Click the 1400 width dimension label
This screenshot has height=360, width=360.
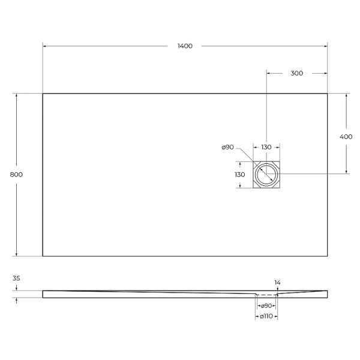[x=185, y=46]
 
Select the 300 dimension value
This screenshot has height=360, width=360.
[x=296, y=73]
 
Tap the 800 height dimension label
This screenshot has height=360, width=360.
[x=16, y=175]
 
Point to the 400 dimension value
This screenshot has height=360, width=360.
[x=346, y=136]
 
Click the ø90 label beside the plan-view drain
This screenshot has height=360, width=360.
[x=227, y=147]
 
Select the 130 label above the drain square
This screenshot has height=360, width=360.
[x=266, y=147]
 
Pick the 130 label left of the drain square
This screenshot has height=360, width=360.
[x=240, y=175]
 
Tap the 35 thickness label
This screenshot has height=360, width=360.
[x=16, y=278]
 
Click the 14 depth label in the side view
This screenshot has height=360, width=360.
[x=277, y=282]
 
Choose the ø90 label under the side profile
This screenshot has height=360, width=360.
[x=266, y=306]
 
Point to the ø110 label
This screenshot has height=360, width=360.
[x=266, y=316]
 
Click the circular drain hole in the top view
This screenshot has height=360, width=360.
[x=266, y=175]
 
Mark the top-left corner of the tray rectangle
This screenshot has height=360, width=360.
[x=43, y=94]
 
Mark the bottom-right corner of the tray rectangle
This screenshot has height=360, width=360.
[x=328, y=256]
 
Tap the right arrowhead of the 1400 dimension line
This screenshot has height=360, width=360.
[x=325, y=46]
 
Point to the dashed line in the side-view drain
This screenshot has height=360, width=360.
[x=266, y=295]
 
